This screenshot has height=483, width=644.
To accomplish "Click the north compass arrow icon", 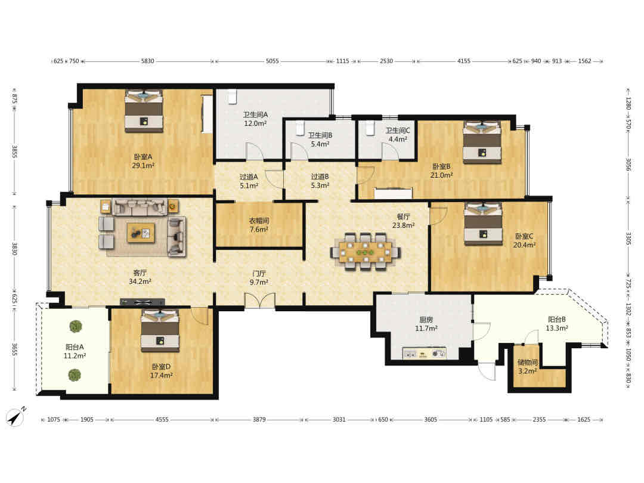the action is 16,417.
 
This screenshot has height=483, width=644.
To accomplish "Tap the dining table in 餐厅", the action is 365,252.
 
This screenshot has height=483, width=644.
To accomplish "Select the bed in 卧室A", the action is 144,111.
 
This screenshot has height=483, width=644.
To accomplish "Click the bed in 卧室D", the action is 160,330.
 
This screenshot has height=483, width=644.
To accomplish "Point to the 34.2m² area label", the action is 140,281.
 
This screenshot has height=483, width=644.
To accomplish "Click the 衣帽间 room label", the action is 259,221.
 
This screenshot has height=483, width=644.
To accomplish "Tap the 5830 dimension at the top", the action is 147,61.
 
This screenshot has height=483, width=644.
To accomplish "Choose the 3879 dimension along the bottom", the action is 259,420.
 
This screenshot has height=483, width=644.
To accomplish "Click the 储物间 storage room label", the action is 527,363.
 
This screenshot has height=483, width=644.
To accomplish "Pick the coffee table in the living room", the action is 141,233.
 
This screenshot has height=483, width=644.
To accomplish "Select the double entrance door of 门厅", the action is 259,300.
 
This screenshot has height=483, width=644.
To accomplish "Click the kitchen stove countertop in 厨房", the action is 425,353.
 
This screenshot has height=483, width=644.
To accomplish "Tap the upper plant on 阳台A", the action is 75,327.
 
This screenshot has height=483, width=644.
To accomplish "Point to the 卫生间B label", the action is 320,135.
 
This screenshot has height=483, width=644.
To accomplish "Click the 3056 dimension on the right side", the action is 628,165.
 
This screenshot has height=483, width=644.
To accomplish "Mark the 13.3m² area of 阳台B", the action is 556,328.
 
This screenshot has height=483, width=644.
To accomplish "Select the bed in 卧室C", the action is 483,224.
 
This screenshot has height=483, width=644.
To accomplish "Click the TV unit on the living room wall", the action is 142,302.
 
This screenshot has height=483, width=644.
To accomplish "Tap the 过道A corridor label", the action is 249,177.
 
